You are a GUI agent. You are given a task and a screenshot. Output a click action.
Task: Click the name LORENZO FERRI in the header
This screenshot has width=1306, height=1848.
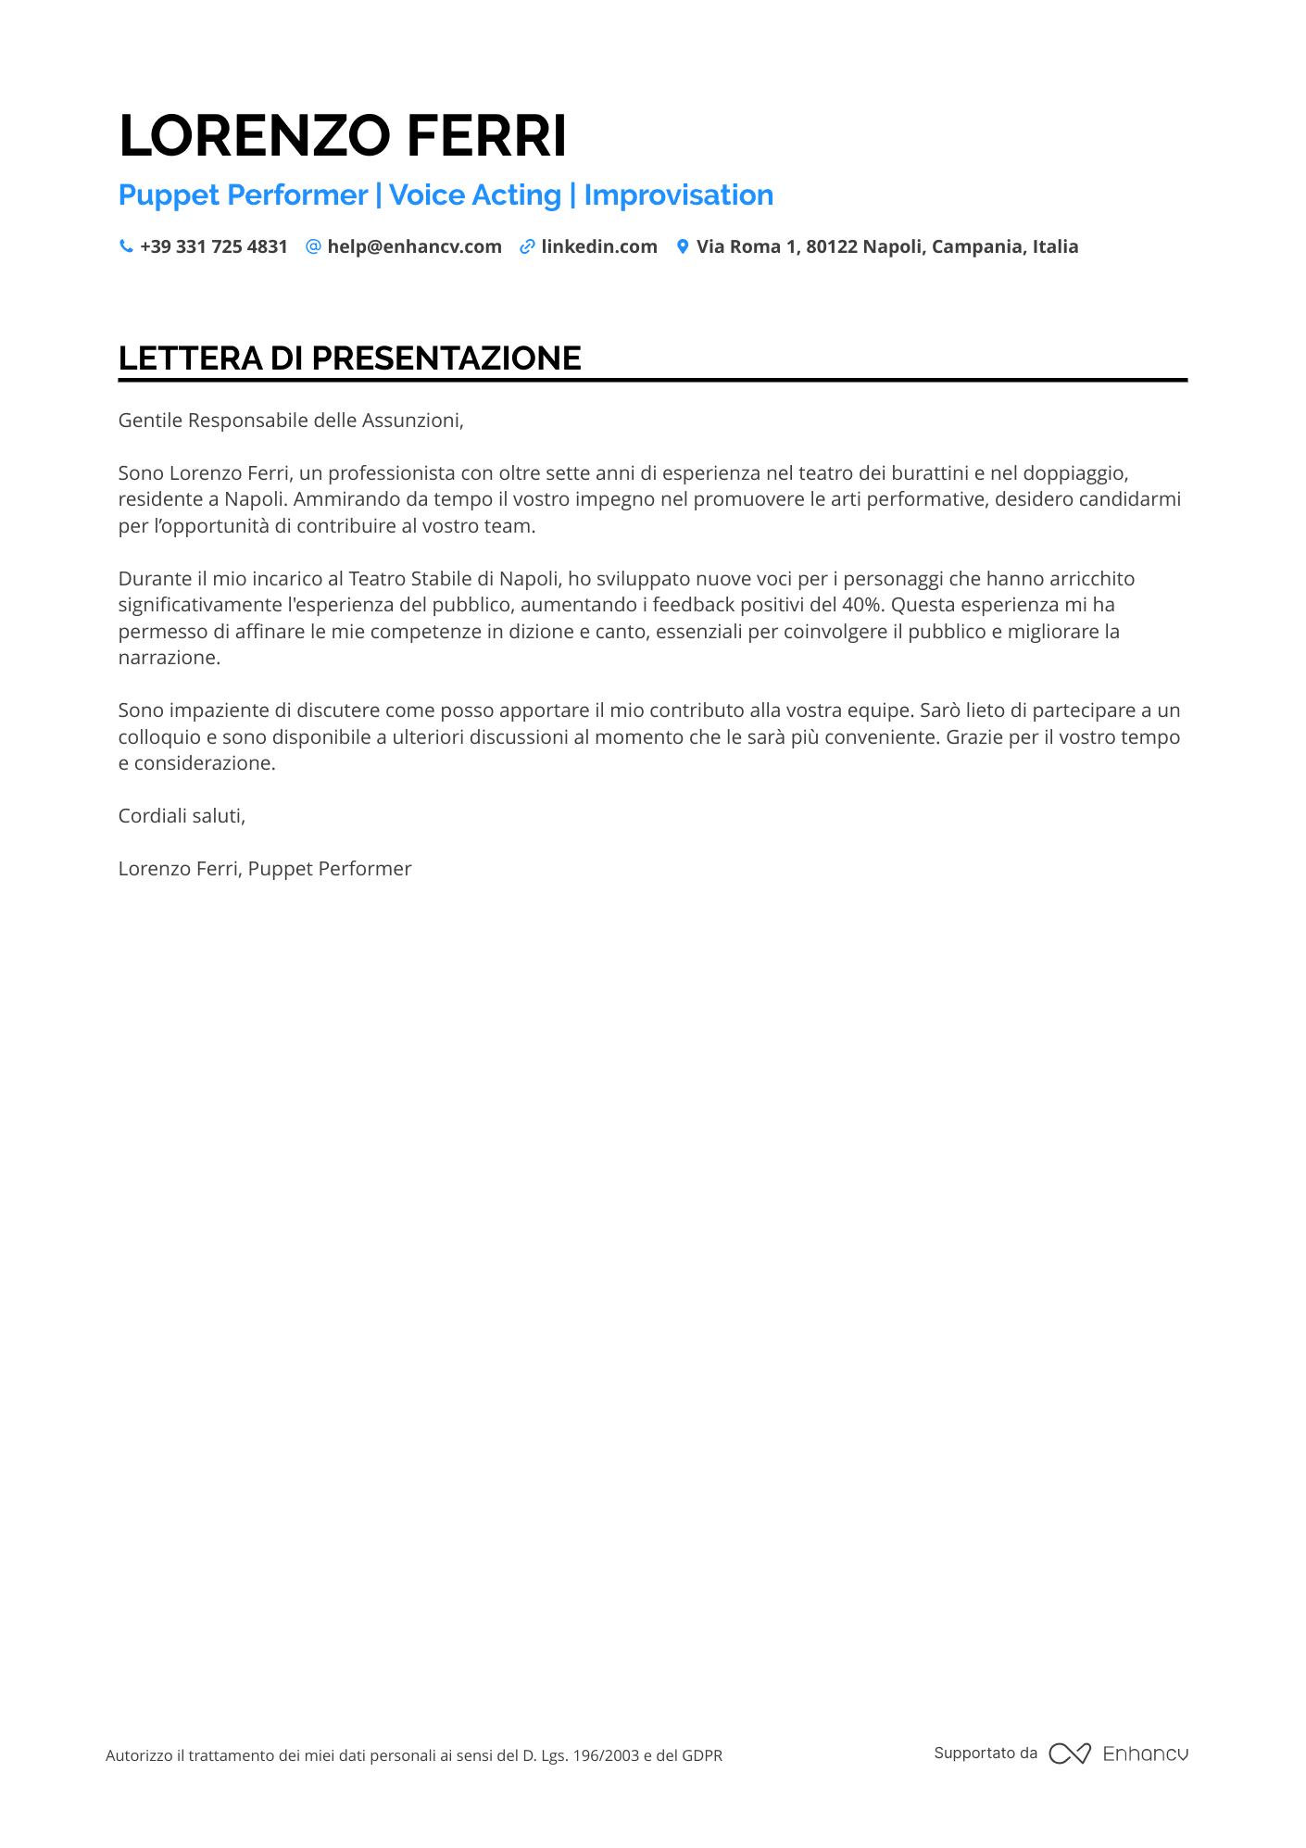click(342, 136)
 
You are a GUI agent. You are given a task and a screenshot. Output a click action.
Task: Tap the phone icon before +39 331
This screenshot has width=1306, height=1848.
click(126, 246)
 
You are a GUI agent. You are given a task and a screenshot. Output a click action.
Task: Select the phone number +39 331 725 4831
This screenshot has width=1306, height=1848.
click(214, 246)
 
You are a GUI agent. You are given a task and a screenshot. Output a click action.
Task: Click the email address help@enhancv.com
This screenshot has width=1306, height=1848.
click(414, 246)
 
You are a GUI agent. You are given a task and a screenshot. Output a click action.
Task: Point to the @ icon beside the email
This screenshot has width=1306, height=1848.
click(313, 246)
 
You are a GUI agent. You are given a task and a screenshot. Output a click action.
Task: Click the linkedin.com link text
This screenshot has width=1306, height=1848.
click(599, 246)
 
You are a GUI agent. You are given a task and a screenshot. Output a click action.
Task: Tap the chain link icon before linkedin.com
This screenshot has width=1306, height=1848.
click(527, 246)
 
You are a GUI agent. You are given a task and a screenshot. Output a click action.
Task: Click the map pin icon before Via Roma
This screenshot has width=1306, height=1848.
click(683, 246)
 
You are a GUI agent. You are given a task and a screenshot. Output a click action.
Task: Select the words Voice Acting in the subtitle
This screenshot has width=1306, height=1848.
click(475, 195)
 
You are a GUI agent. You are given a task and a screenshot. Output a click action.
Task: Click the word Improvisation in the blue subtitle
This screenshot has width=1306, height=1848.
click(678, 195)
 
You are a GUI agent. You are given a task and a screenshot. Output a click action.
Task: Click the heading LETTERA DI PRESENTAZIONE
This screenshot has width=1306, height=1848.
click(349, 358)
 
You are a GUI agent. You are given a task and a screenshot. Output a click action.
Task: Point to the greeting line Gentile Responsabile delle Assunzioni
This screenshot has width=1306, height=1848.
click(291, 421)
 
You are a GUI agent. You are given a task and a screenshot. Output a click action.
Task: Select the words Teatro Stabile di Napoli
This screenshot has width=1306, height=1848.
click(454, 579)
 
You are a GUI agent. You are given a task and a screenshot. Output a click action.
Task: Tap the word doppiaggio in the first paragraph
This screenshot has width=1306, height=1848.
click(1074, 473)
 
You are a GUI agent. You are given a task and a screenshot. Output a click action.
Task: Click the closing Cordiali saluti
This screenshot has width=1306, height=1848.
click(182, 816)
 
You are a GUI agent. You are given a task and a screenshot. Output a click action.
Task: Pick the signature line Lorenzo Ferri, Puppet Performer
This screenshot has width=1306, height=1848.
click(265, 869)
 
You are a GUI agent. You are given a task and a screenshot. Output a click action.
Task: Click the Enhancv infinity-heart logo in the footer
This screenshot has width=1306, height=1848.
click(1070, 1754)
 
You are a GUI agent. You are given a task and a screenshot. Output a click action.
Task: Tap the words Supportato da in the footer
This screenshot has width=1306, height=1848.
click(986, 1754)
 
